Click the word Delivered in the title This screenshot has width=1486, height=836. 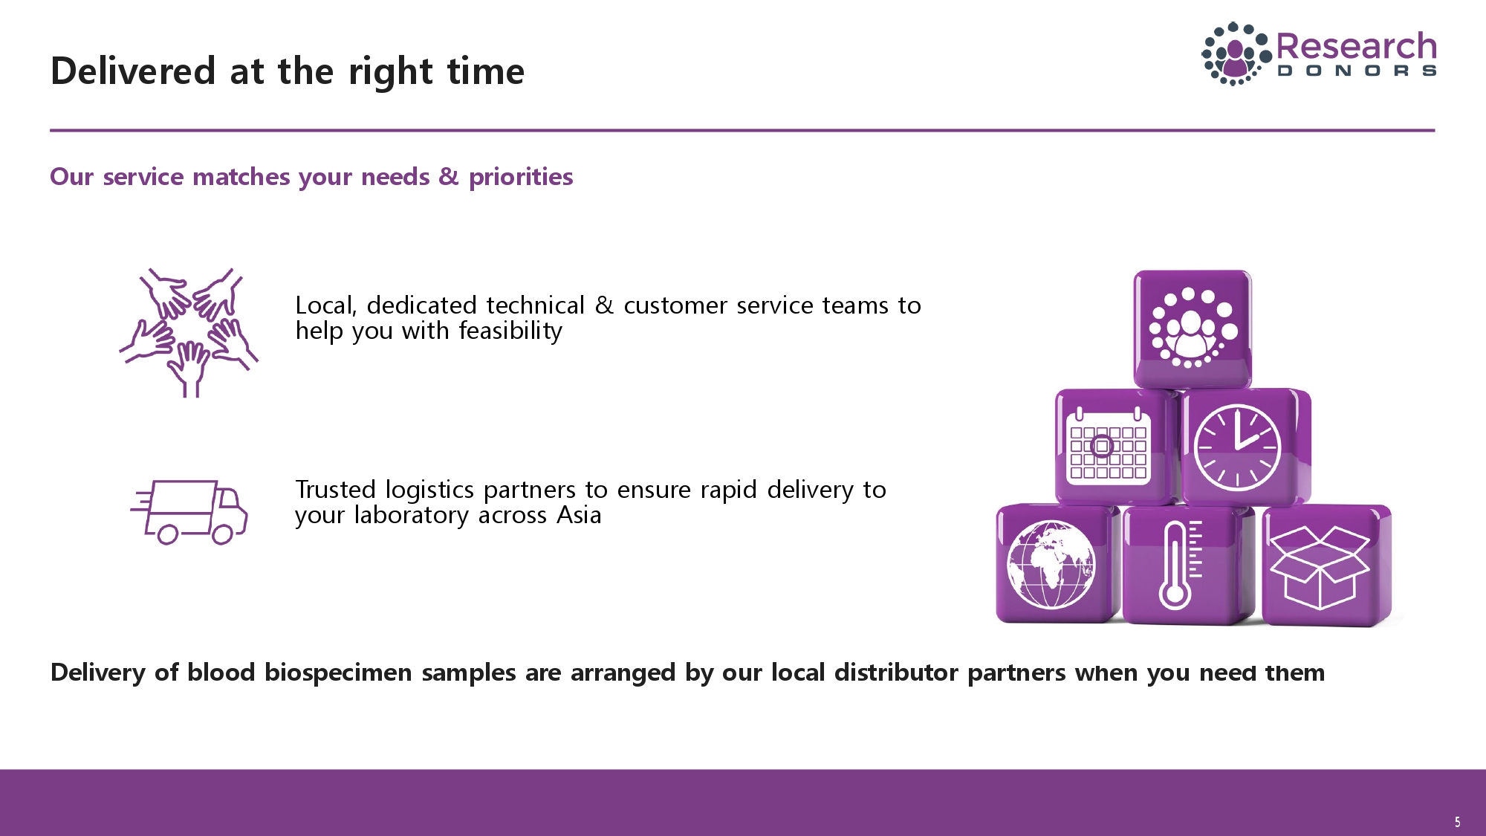click(133, 71)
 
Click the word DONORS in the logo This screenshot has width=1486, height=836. click(1357, 71)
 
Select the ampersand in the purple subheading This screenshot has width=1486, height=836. click(449, 177)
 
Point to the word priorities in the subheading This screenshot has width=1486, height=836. click(521, 178)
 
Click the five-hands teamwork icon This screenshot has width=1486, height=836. click(189, 332)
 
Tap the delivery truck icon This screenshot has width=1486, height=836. click(189, 512)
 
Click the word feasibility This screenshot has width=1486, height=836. click(510, 331)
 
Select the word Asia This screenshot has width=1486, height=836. click(579, 515)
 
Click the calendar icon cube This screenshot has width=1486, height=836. click(1115, 447)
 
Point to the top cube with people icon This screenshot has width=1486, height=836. click(1193, 328)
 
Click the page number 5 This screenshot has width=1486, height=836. click(1458, 822)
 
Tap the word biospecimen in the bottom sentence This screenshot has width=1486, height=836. click(338, 673)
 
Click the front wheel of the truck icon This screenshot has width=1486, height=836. click(223, 534)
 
